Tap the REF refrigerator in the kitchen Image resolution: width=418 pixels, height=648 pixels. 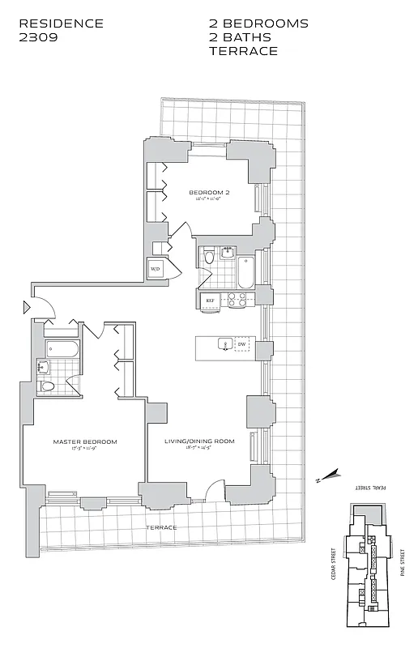[x=210, y=301]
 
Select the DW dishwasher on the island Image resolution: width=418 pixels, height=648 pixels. [x=241, y=345]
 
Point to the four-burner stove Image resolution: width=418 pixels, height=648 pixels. [x=236, y=300]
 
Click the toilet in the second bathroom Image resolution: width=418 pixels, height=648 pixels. [x=210, y=258]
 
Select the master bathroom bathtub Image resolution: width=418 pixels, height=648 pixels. [x=62, y=351]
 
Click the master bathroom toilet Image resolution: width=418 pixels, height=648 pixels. [x=48, y=386]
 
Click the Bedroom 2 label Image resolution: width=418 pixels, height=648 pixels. [x=210, y=193]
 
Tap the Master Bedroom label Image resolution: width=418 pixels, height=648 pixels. [x=85, y=441]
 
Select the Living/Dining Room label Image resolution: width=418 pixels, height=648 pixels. [x=199, y=441]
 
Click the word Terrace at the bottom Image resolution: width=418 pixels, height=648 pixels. [x=161, y=527]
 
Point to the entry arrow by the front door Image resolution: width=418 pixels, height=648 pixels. [x=28, y=307]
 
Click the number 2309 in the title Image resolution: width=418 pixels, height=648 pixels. [x=39, y=37]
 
